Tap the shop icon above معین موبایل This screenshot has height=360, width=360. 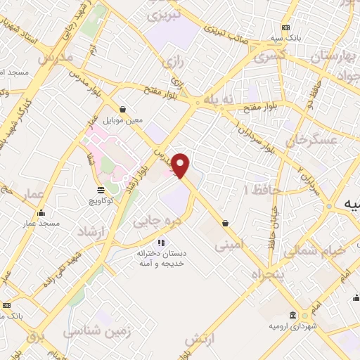pos(124,109)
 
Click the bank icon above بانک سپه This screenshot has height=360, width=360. pos(285,27)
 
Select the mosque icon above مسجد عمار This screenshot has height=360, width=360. pos(40,212)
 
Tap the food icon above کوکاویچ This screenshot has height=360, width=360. pos(101,190)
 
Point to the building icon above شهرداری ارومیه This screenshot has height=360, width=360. pos(292,316)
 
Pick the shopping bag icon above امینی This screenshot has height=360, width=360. pos(225,223)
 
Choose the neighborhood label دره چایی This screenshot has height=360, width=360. pos(154,221)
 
